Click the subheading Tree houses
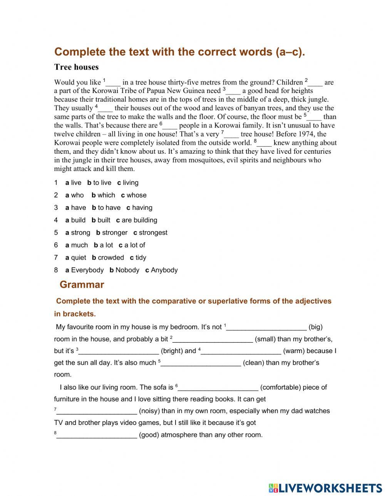[76, 67]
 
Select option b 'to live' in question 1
[99, 183]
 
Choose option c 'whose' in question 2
[134, 195]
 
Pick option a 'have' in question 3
[76, 208]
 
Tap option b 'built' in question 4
[101, 220]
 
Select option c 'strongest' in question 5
[151, 233]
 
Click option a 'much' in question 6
[77, 245]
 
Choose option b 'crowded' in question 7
[108, 258]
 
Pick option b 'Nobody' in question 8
[124, 270]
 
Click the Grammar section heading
[82, 285]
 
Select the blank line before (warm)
[241, 351]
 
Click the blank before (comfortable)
[218, 388]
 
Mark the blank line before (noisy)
[97, 411]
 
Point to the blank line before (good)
[97, 435]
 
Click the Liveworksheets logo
[325, 488]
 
